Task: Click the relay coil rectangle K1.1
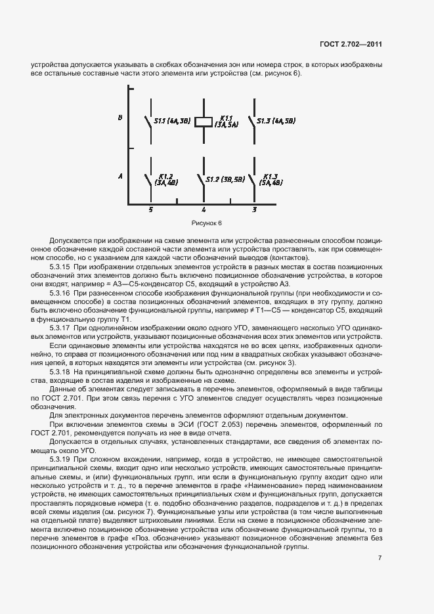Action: coord(204,121)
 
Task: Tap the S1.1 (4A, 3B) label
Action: coord(172,121)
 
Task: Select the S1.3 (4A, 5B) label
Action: coord(276,121)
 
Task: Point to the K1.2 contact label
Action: coord(165,180)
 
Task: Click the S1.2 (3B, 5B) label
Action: coord(225,179)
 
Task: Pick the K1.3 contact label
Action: coord(272,180)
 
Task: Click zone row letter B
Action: coord(120,118)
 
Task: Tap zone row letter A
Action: coord(120,177)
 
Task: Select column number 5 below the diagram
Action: coord(150,209)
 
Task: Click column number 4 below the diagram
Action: coord(204,209)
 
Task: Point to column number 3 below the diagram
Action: coord(255,209)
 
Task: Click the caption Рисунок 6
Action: coord(207,223)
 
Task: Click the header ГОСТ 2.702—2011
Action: coord(351,45)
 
